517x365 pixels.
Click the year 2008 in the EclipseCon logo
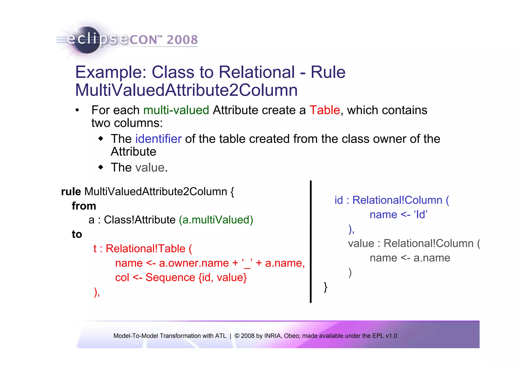pyautogui.click(x=182, y=40)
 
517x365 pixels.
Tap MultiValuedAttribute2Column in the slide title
pyautogui.click(x=186, y=90)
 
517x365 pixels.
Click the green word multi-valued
pyautogui.click(x=176, y=110)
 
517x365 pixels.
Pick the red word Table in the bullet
pyautogui.click(x=325, y=110)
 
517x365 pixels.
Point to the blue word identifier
pyautogui.click(x=158, y=139)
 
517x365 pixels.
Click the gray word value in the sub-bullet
pyautogui.click(x=150, y=167)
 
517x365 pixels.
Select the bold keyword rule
pyautogui.click(x=71, y=192)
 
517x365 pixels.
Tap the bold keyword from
pyautogui.click(x=84, y=206)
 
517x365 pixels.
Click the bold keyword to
pyautogui.click(x=77, y=234)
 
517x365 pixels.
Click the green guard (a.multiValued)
pyautogui.click(x=216, y=220)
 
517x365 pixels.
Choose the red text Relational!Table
pyautogui.click(x=145, y=249)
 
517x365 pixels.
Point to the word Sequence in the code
pyautogui.click(x=170, y=277)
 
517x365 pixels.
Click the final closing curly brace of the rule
pyautogui.click(x=326, y=287)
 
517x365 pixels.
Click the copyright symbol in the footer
pyautogui.click(x=237, y=336)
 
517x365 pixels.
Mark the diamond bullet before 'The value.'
pyautogui.click(x=101, y=167)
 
